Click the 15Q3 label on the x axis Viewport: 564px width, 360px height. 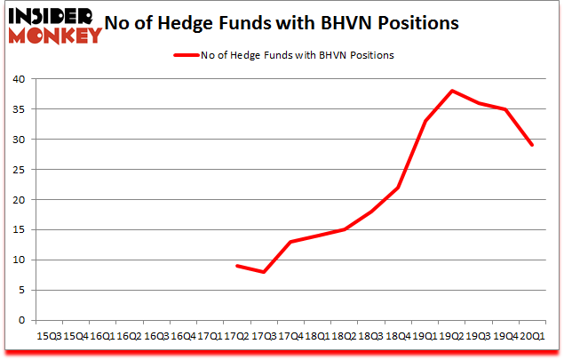click(49, 336)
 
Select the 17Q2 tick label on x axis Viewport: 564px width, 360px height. click(236, 336)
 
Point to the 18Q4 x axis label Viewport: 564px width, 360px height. click(398, 336)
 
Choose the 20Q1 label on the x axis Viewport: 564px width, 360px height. click(532, 336)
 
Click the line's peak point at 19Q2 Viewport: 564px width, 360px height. click(452, 91)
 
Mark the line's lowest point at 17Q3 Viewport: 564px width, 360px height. click(264, 272)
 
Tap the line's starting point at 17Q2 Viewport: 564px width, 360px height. click(237, 266)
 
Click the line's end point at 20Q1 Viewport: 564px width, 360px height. click(532, 145)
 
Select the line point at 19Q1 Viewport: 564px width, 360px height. click(425, 121)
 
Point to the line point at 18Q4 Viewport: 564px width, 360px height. click(398, 188)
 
